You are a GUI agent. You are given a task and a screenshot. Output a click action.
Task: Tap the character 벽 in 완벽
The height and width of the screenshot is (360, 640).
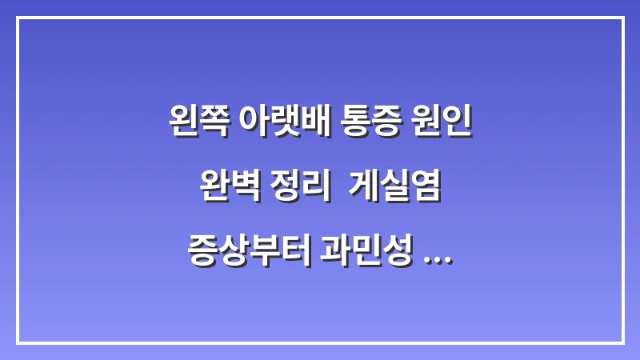tap(244, 190)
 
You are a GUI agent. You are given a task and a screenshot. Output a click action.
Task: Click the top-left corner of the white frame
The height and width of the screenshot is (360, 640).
tap(18, 18)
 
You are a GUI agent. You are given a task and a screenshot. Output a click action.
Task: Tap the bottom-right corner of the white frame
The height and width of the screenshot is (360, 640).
tap(622, 342)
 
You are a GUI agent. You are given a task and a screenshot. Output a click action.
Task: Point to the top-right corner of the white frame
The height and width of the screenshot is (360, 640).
tap(622, 18)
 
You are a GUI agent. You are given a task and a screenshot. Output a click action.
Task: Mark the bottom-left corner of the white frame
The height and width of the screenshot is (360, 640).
tap(18, 342)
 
